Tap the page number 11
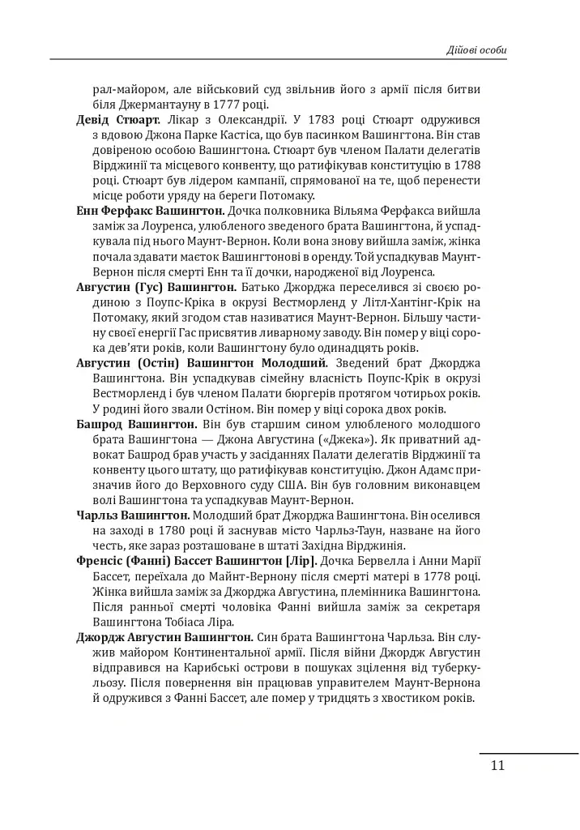pyautogui.click(x=497, y=766)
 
